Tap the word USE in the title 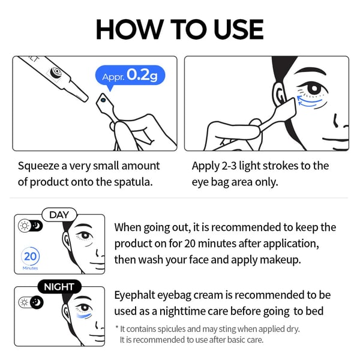238,29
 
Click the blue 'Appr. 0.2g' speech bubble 130,76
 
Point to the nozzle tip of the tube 85,99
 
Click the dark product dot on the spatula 103,100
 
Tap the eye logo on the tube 56,72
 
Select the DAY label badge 59,215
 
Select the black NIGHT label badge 59,287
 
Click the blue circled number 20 31,256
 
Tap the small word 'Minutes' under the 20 31,268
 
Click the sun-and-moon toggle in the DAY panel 31,226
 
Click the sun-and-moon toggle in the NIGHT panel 31,302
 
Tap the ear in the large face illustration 279,94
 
